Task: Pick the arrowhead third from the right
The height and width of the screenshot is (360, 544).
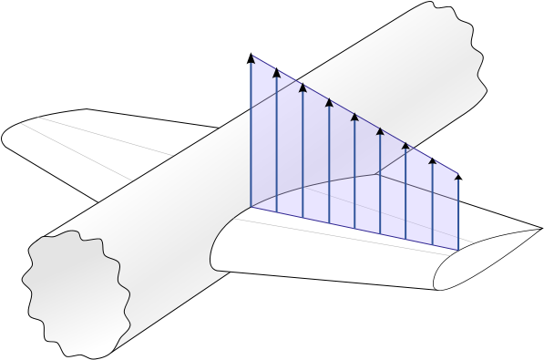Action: point(406,144)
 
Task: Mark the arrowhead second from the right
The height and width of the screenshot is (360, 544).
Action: point(432,158)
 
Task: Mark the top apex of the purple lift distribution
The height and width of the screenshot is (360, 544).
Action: point(252,57)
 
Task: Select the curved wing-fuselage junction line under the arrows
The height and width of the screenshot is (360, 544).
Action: point(310,183)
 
